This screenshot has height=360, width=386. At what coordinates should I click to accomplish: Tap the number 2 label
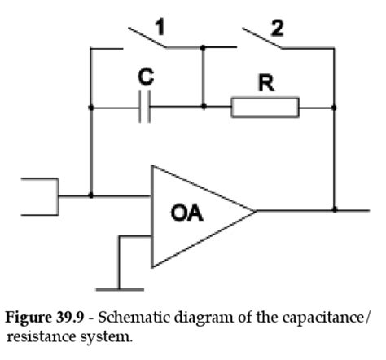click(x=279, y=27)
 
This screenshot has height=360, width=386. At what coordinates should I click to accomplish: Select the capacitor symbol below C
click(x=145, y=107)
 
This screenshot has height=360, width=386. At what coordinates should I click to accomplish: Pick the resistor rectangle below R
click(x=265, y=107)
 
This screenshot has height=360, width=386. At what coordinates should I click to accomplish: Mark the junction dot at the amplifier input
click(x=91, y=195)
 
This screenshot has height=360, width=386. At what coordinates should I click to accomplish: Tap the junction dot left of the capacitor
click(x=91, y=107)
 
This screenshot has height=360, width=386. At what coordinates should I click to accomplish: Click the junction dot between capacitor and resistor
click(x=203, y=107)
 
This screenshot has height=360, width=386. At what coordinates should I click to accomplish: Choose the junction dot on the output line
click(x=335, y=209)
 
